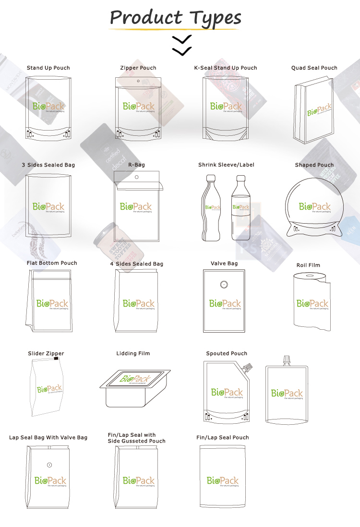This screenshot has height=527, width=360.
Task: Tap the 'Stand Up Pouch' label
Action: [x=48, y=68]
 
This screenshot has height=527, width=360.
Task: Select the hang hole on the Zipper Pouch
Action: [x=139, y=81]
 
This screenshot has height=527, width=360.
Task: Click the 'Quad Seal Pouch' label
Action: [x=314, y=68]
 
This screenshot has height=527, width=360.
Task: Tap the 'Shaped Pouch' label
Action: [x=314, y=165]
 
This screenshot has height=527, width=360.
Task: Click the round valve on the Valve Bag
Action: [x=223, y=285]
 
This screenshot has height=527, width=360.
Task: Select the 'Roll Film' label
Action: [x=308, y=265]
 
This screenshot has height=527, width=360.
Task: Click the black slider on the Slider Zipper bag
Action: [x=56, y=359]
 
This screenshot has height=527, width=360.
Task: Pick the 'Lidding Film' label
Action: [x=133, y=354]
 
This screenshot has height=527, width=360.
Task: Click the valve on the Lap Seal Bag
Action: [x=49, y=465]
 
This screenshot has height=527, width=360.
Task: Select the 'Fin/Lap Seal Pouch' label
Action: [x=222, y=438]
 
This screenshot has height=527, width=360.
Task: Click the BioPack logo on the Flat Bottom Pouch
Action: [x=52, y=303]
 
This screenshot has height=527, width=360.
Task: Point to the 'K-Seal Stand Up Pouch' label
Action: [x=225, y=68]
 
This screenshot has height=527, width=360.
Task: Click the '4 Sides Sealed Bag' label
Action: [x=136, y=264]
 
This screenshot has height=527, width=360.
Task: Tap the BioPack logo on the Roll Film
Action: [x=312, y=303]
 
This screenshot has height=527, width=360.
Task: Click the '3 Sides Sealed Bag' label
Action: [x=48, y=165]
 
